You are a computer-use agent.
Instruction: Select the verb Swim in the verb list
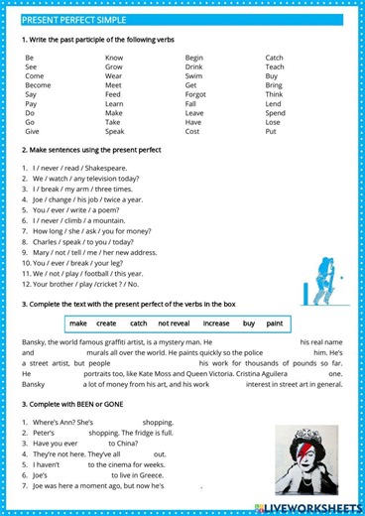(193, 75)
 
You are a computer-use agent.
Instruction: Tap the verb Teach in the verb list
(275, 66)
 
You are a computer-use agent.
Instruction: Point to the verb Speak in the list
(114, 131)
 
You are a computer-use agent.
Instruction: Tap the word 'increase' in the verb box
(215, 323)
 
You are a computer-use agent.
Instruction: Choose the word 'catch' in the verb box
(138, 323)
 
